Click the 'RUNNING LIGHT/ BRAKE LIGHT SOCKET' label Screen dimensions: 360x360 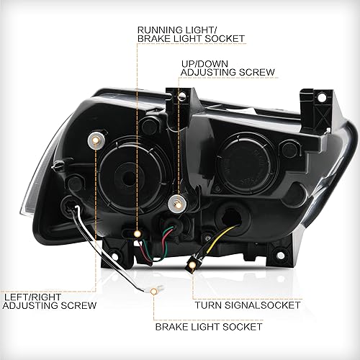pyautogui.click(x=190, y=32)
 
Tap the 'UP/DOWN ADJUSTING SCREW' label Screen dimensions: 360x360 pyautogui.click(x=227, y=68)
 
